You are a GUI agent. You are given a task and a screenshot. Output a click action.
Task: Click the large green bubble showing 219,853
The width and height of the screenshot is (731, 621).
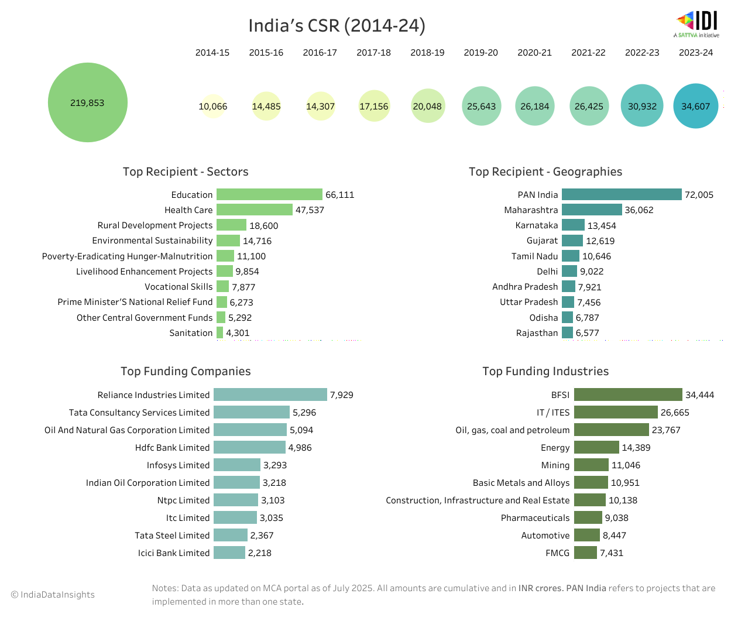click(x=88, y=102)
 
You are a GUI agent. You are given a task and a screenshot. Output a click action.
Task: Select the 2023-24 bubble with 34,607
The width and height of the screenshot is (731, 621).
click(x=695, y=106)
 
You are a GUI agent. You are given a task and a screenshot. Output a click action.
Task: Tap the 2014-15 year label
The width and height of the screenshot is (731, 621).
click(x=212, y=53)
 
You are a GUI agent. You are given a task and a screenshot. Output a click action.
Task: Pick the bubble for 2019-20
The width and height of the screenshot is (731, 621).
click(x=481, y=106)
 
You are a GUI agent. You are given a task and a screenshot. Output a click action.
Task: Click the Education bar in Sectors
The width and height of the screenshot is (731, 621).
click(x=269, y=194)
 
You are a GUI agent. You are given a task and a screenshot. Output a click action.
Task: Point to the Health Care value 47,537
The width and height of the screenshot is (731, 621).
click(x=310, y=210)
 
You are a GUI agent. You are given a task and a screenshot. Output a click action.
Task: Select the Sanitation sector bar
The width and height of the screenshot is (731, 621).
click(x=220, y=332)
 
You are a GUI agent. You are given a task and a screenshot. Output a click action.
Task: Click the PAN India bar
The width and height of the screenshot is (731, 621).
click(x=622, y=194)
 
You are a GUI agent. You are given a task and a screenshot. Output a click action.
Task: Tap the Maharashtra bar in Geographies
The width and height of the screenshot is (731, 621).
click(x=592, y=210)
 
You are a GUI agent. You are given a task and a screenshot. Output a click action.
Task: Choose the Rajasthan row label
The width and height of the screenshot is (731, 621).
click(x=537, y=333)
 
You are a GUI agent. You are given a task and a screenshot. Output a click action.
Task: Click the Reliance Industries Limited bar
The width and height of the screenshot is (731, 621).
click(x=270, y=394)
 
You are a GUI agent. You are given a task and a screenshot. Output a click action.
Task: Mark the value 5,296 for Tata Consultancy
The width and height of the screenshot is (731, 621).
click(x=304, y=413)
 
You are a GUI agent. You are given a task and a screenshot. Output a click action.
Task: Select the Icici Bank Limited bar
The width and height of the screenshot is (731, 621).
click(x=229, y=553)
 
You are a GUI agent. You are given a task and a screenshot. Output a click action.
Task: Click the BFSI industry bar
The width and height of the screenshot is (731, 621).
click(x=628, y=394)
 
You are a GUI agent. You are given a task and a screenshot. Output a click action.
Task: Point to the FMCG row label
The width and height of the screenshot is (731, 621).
click(x=557, y=553)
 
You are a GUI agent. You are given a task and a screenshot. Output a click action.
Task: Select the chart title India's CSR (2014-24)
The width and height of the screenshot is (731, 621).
click(x=337, y=26)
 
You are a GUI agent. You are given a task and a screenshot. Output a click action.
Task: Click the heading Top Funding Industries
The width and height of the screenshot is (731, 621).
click(x=545, y=371)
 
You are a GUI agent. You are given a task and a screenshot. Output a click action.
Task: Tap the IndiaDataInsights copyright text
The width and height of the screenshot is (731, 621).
click(x=53, y=595)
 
